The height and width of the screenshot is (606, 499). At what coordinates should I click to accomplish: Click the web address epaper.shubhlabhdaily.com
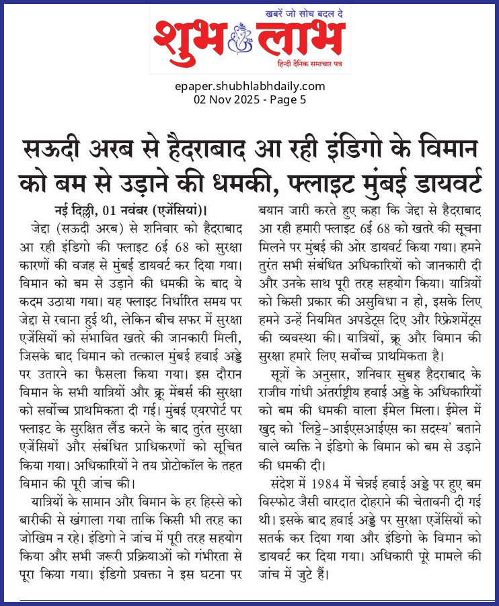coord(249,86)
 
